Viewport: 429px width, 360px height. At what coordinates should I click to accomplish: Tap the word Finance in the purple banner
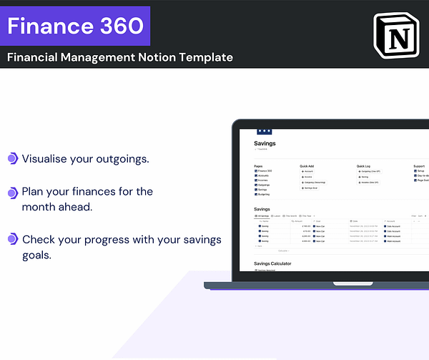[x=46, y=26]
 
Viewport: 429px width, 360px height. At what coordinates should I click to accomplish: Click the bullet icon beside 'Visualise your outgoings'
[x=12, y=158]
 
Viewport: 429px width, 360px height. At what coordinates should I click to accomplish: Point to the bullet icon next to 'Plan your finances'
[x=12, y=193]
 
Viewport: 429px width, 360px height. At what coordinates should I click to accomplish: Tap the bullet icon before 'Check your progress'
[x=12, y=239]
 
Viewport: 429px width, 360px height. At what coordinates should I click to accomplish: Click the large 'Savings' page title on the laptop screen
[x=265, y=143]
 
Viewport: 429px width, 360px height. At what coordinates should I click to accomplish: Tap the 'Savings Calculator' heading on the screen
[x=272, y=263]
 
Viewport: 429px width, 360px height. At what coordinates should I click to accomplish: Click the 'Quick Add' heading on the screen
[x=308, y=166]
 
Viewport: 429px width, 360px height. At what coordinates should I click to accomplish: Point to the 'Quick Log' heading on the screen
[x=365, y=166]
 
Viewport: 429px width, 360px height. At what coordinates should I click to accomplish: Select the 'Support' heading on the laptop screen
[x=419, y=166]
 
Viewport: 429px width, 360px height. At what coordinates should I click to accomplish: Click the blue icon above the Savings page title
[x=264, y=132]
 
